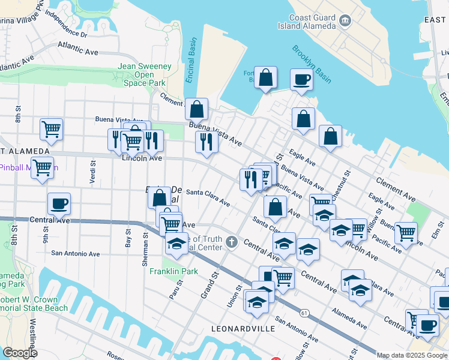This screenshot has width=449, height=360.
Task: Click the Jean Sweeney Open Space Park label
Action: [x=145, y=74]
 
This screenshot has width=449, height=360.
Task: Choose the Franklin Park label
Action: [x=173, y=271]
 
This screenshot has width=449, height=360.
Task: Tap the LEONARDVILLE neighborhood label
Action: [x=243, y=329]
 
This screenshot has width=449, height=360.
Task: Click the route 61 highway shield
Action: [x=305, y=313]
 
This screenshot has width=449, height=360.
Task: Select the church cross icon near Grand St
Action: [x=232, y=242]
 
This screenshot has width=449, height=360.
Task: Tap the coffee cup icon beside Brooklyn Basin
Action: [x=301, y=79]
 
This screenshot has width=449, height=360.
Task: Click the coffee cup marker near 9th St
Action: [x=59, y=203]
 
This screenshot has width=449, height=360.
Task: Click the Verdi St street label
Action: [x=92, y=172]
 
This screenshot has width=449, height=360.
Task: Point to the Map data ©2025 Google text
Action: [x=412, y=355]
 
